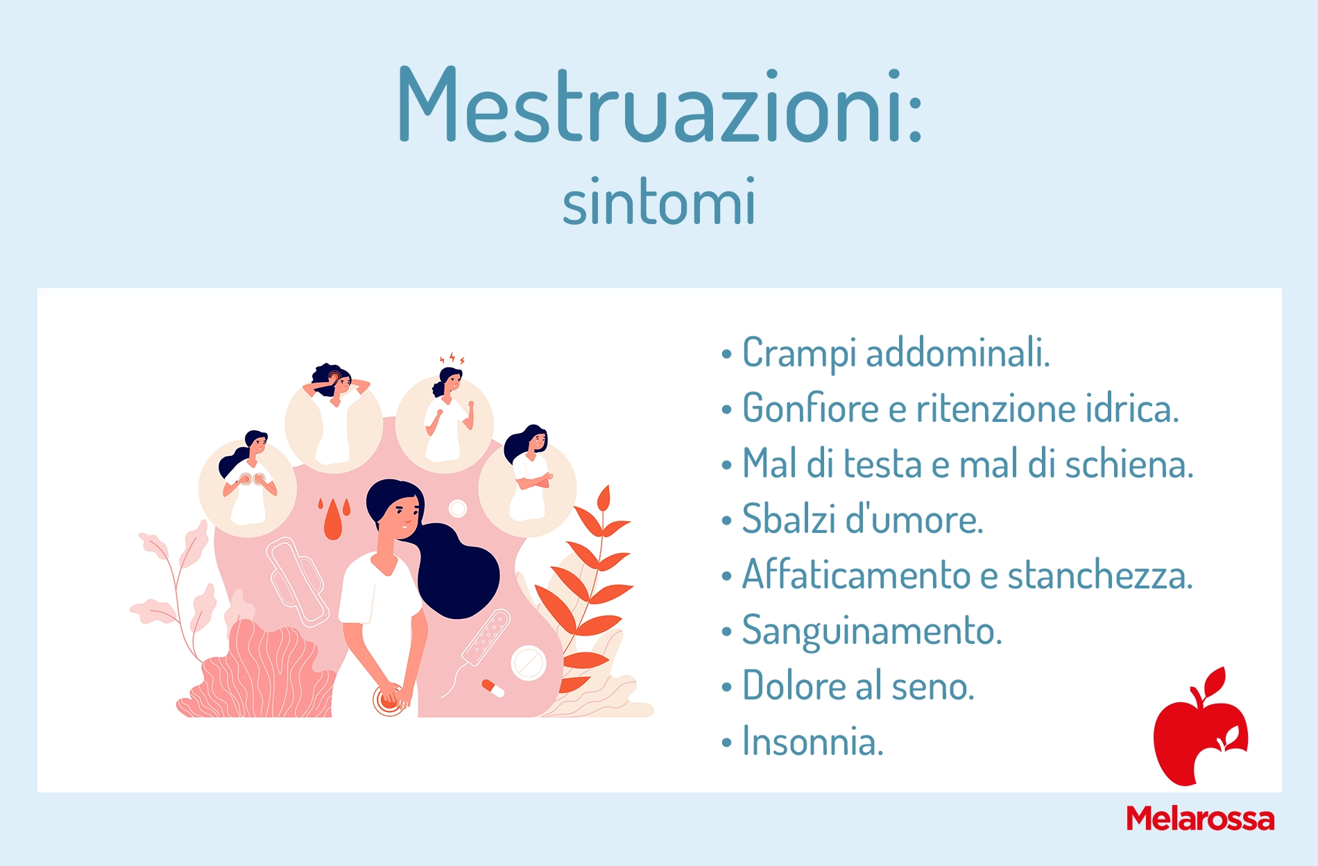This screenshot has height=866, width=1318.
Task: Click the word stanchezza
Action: [1100, 575]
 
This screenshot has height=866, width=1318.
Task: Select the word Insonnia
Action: [813, 742]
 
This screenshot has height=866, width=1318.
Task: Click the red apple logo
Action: [1201, 727]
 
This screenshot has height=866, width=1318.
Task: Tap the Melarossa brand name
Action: [1200, 819]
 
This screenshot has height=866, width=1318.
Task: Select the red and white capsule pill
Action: [493, 688]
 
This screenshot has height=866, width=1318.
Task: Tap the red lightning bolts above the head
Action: [452, 359]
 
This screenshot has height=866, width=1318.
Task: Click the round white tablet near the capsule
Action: [529, 663]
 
